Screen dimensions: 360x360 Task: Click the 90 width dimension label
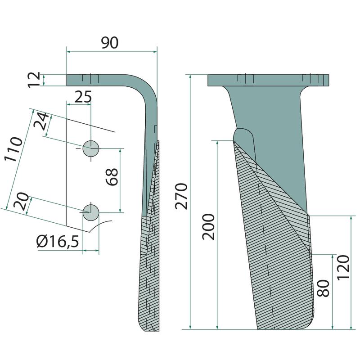(x=110, y=42)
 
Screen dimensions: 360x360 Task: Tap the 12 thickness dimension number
(x=34, y=80)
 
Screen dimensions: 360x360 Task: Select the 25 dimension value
(x=83, y=97)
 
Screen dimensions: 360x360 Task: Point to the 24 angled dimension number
(x=41, y=121)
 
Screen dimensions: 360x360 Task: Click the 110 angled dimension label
(x=13, y=149)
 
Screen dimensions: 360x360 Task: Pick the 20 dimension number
(x=21, y=201)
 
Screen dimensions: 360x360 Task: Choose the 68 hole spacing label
(x=112, y=177)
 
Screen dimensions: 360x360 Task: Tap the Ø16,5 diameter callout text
(x=58, y=242)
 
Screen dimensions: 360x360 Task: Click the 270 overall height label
(x=181, y=196)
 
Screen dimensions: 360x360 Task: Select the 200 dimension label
(x=208, y=227)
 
